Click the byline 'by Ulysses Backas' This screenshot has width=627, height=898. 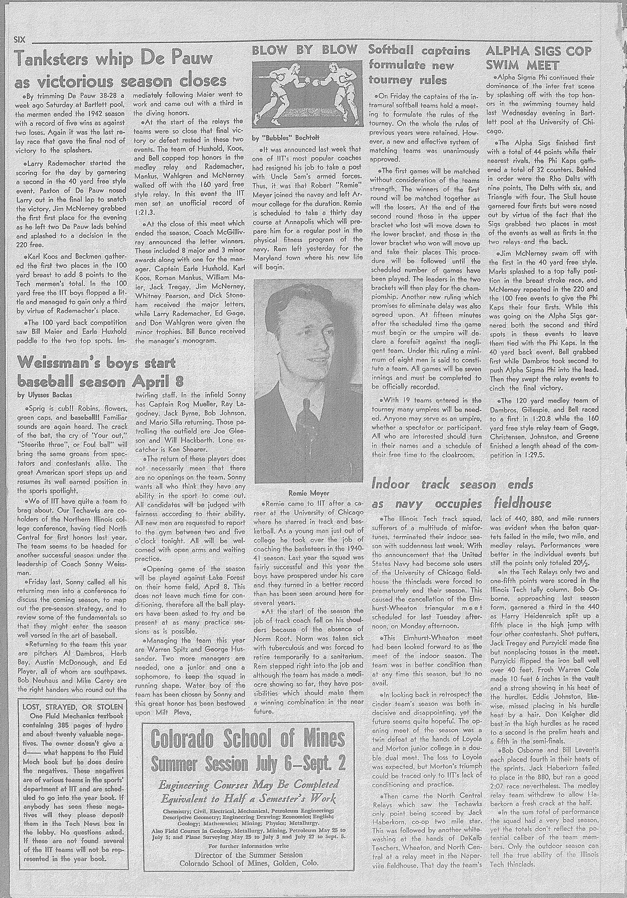click(x=42, y=395)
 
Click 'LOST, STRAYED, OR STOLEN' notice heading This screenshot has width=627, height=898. click(x=73, y=707)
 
